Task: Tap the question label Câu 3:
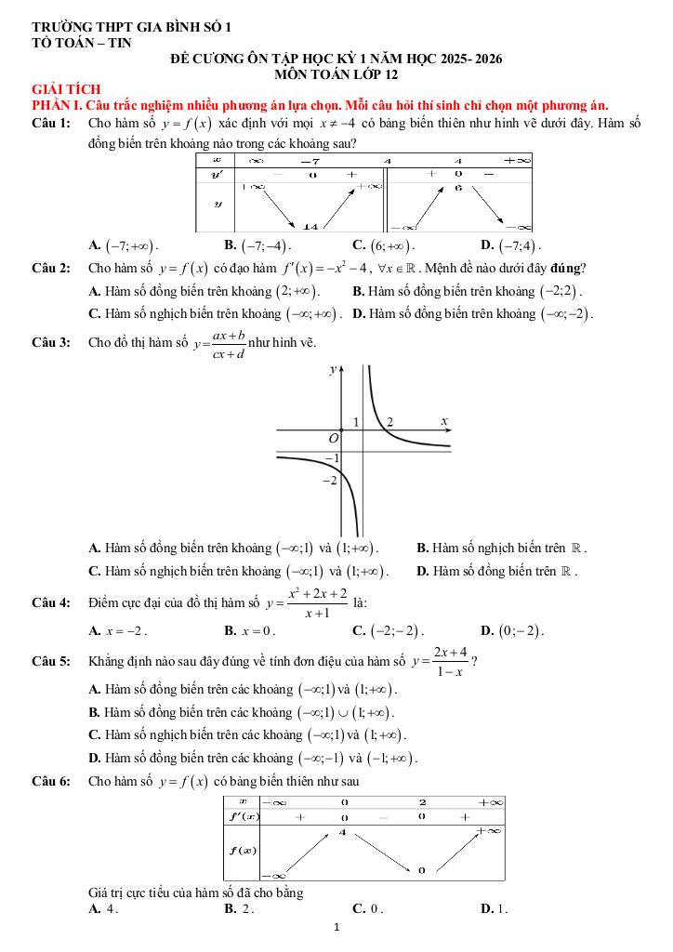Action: tap(51, 342)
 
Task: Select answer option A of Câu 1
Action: tap(124, 245)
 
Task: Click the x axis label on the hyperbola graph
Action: tap(444, 421)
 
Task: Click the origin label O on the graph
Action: tap(334, 437)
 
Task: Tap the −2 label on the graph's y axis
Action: tap(328, 481)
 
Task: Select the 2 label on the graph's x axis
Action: tap(390, 422)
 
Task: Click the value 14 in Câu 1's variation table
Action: tap(311, 226)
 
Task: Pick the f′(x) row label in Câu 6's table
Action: tap(244, 816)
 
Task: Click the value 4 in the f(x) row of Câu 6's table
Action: tap(343, 832)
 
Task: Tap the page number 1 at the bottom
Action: tap(336, 928)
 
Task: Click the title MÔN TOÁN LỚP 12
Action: tap(336, 73)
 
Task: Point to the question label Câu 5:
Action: tap(51, 662)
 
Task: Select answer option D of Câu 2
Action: tap(473, 313)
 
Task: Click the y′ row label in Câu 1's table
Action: tap(217, 174)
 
